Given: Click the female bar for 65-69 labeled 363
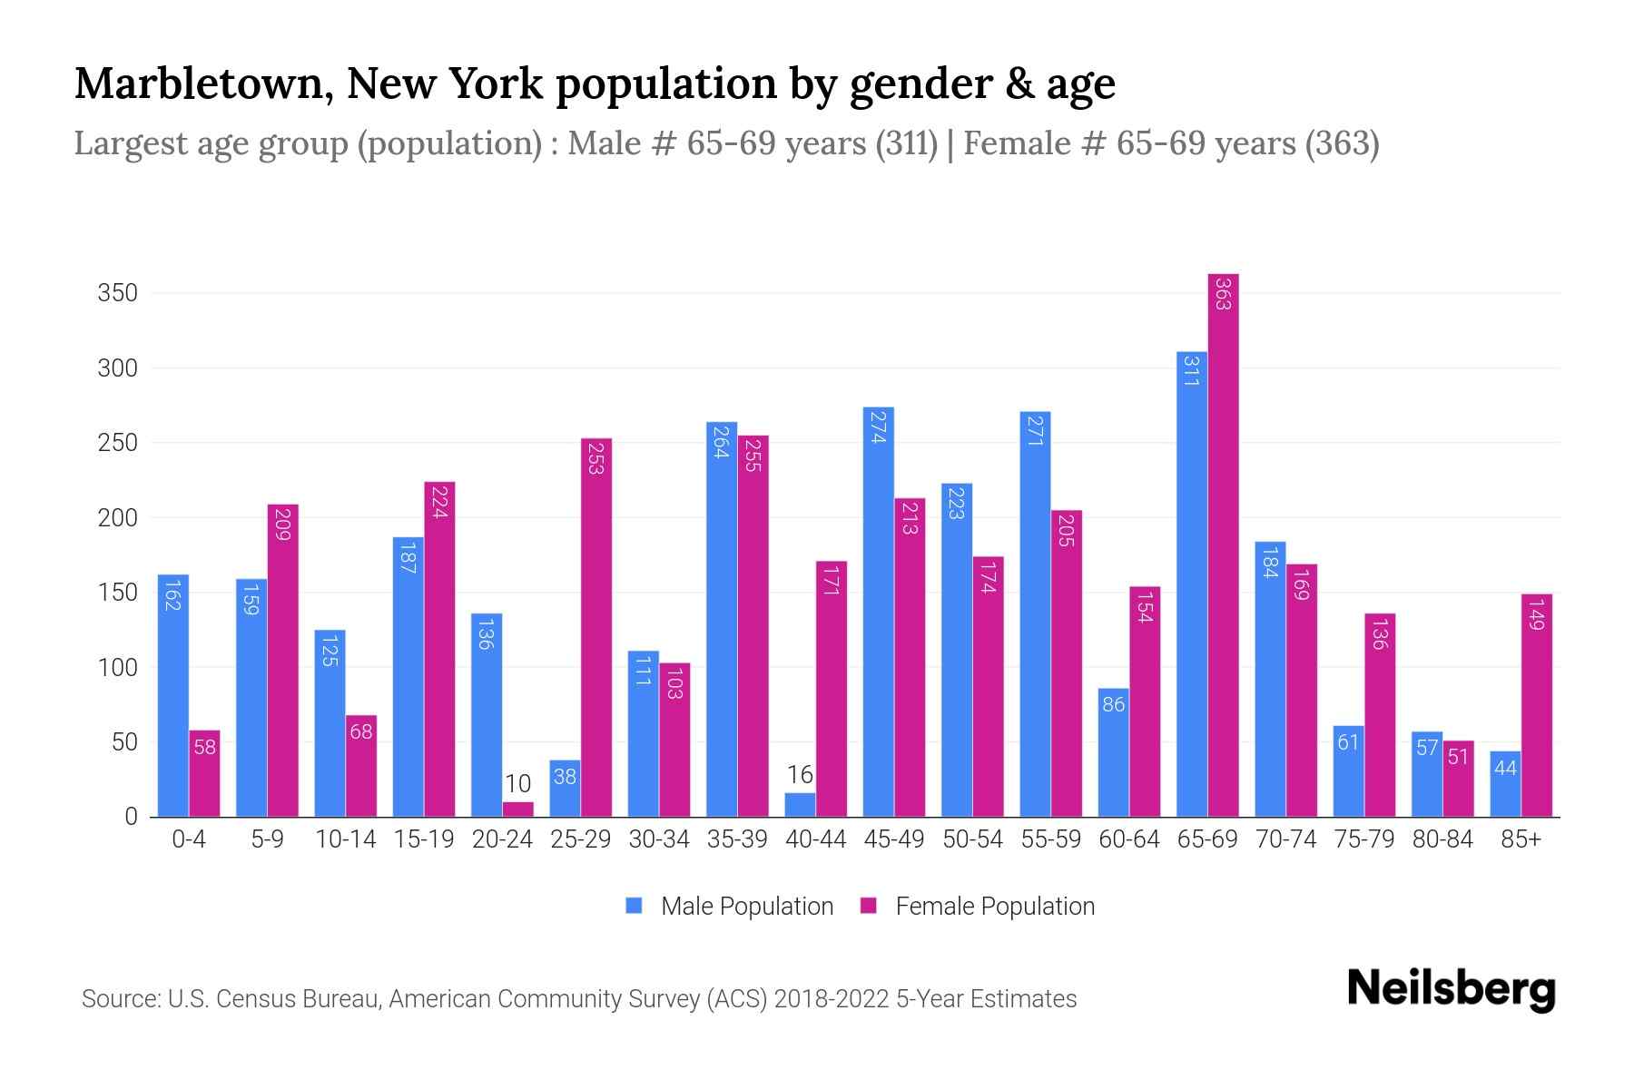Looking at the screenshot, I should (1223, 544).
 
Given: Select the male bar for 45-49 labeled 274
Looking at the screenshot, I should (878, 613).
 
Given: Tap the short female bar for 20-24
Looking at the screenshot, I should (517, 809).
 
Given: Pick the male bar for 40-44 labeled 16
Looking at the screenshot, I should (800, 805).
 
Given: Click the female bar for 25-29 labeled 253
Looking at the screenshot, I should (596, 627).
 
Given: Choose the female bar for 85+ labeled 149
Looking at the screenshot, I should (1536, 705).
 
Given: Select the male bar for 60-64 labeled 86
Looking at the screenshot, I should (1113, 752).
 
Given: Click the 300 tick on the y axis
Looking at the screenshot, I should (118, 368).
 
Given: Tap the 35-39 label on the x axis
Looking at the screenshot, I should (737, 839).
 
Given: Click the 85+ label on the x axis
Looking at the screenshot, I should (1521, 839).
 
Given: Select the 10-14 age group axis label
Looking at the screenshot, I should (345, 839).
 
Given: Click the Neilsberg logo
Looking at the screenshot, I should (1451, 988).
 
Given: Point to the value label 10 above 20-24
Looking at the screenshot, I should (517, 783).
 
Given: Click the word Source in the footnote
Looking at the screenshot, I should (119, 999).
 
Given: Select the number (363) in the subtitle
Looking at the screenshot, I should (1342, 143).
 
